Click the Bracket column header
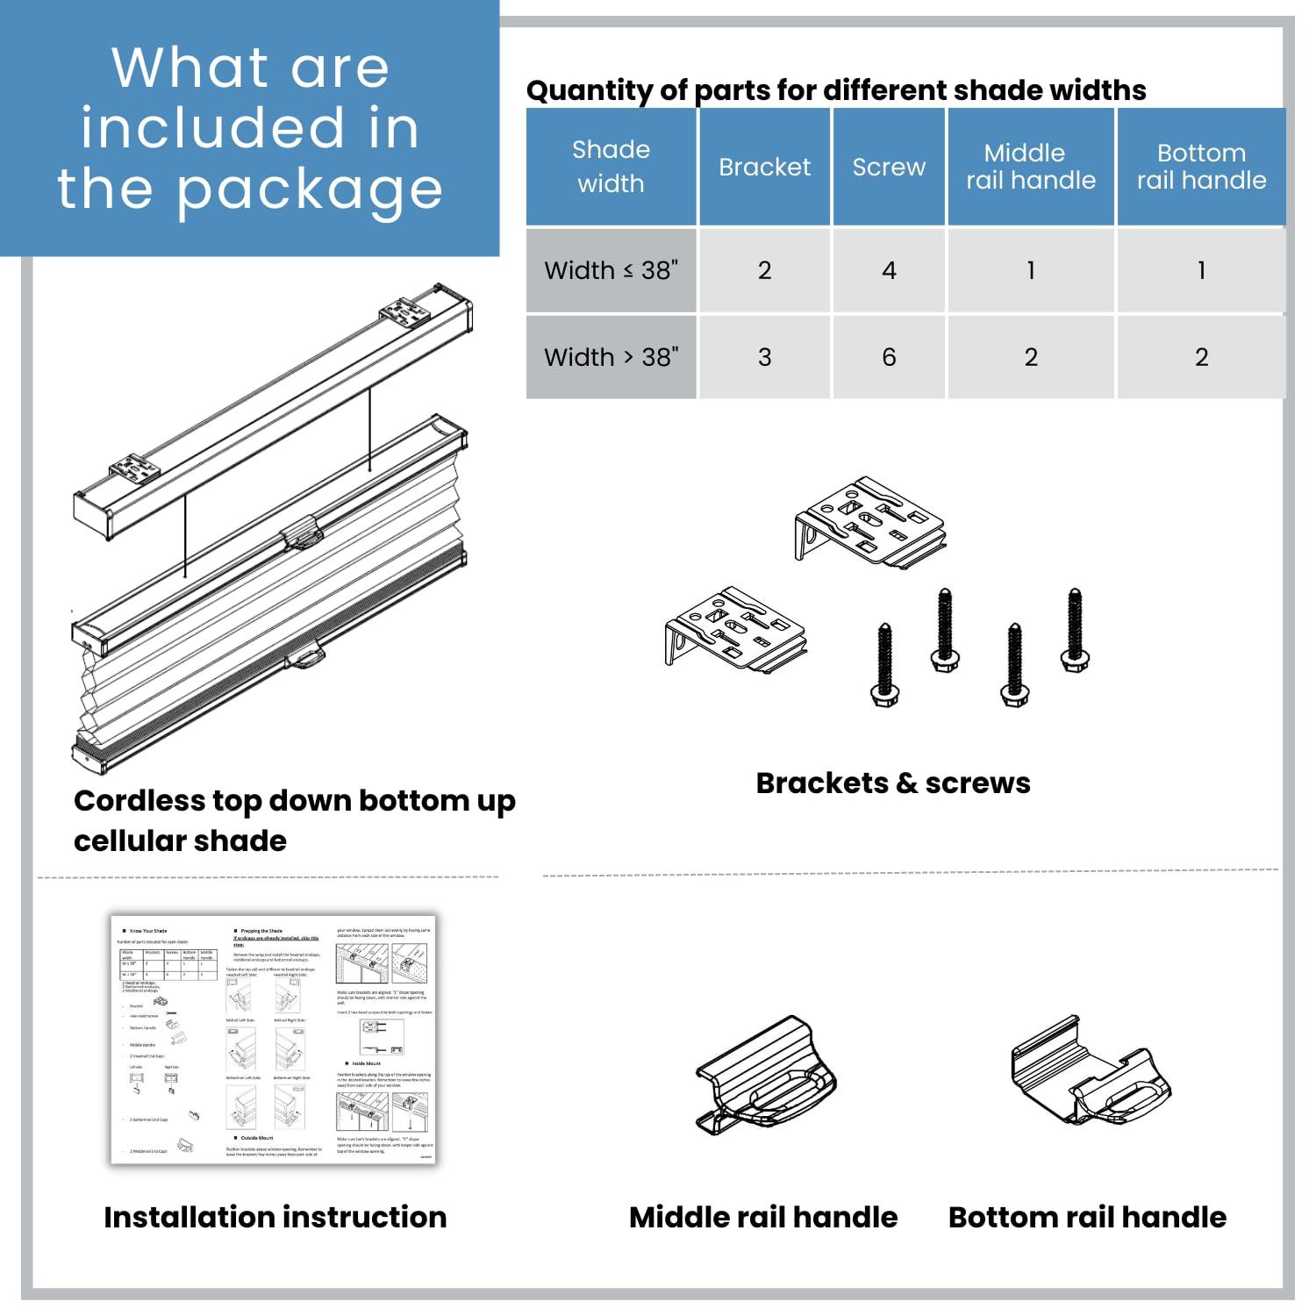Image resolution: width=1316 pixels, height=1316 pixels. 764,167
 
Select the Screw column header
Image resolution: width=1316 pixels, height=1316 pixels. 889,167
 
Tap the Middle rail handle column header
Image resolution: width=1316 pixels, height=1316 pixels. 1031,167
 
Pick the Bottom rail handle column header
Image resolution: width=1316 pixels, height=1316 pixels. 1201,167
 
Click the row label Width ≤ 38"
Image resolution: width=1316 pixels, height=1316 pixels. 611,270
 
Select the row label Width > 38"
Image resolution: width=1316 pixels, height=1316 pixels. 611,357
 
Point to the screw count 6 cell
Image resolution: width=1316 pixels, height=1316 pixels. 889,357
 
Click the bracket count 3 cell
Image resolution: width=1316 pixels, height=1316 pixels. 764,357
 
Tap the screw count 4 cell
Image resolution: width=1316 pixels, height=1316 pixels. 889,270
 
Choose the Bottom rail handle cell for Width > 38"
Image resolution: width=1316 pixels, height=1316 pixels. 1201,357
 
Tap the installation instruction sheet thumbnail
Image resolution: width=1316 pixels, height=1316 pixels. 274,1040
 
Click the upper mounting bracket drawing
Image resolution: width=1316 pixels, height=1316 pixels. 870,522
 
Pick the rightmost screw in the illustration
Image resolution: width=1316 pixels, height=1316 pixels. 1075,631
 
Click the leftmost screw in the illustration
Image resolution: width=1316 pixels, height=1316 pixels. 884,664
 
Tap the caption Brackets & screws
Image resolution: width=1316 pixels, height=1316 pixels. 893,783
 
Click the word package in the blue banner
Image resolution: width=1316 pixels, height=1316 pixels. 309,190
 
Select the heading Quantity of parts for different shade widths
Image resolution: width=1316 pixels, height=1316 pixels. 836,89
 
